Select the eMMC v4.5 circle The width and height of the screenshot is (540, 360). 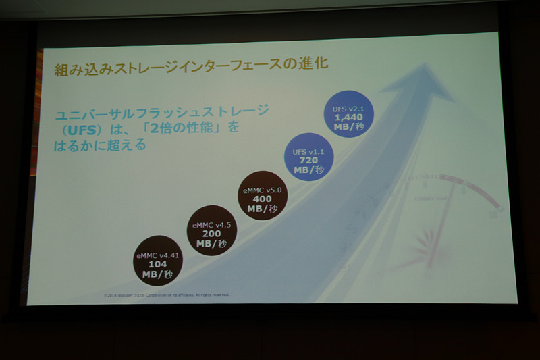(x=213, y=230)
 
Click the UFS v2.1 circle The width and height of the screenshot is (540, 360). (x=350, y=114)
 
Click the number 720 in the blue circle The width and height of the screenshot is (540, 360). (x=309, y=159)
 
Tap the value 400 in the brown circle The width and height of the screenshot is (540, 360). (x=262, y=199)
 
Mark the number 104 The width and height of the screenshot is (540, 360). (x=158, y=264)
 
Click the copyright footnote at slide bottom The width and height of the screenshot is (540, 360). (x=167, y=295)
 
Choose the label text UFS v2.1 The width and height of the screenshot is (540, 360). (x=349, y=106)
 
